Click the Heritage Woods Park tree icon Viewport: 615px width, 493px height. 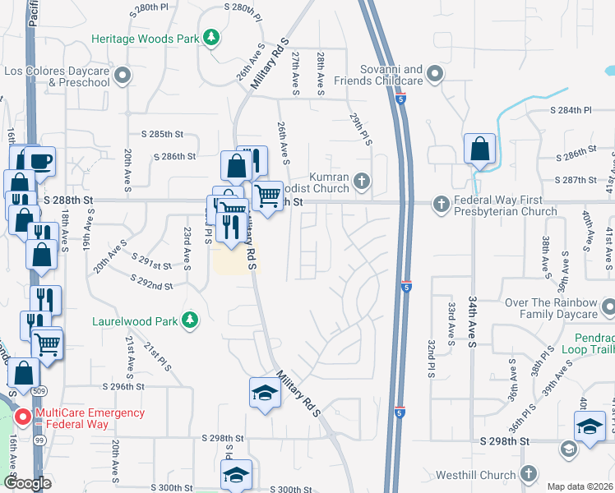pos(212,38)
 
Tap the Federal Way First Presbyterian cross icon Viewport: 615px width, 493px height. pos(441,203)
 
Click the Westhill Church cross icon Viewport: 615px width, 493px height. pos(528,474)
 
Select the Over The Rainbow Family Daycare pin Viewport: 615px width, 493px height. pos(608,308)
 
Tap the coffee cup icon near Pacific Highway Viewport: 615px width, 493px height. pos(39,160)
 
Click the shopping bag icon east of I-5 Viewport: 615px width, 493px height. pos(479,150)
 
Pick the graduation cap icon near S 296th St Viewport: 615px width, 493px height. pos(265,394)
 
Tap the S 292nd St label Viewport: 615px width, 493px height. pos(151,286)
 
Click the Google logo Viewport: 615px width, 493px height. pos(27,483)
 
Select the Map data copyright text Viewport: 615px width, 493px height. pos(578,486)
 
